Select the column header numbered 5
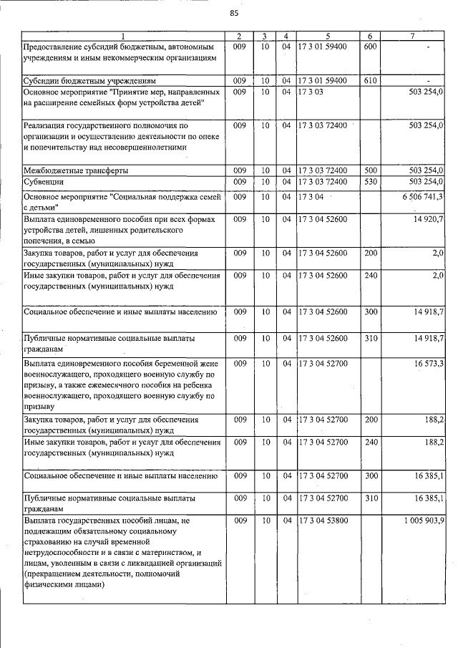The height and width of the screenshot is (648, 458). click(x=327, y=36)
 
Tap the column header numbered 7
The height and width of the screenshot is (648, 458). click(x=411, y=36)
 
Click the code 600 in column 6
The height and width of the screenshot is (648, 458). click(x=370, y=47)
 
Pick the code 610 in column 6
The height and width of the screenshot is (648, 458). click(x=370, y=81)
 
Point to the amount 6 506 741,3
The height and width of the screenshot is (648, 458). click(x=423, y=196)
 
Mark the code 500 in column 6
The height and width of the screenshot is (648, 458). click(x=370, y=170)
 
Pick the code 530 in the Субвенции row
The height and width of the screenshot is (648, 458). click(x=370, y=182)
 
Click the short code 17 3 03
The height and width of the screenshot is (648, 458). click(x=312, y=92)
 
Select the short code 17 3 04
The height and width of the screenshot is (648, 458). click(x=312, y=196)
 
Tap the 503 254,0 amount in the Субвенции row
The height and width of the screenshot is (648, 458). click(x=427, y=182)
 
